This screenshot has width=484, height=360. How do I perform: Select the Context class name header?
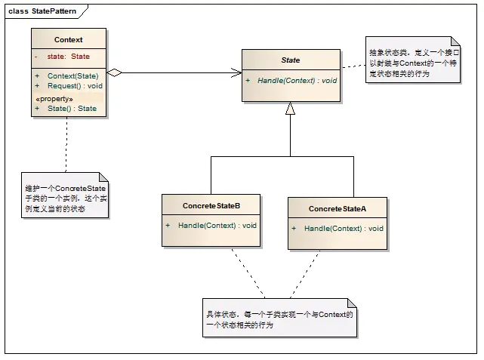pyautogui.click(x=69, y=39)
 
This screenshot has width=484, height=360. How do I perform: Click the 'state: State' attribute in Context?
pyautogui.click(x=68, y=57)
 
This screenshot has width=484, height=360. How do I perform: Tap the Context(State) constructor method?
pyautogui.click(x=72, y=76)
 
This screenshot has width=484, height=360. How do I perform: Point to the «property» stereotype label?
pyautogui.click(x=54, y=99)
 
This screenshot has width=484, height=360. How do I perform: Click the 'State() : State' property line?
pyautogui.click(x=72, y=109)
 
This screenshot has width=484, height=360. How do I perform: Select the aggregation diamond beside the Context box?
pyautogui.click(x=114, y=73)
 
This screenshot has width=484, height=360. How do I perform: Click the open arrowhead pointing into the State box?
pyautogui.click(x=236, y=73)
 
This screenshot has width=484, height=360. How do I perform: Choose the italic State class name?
pyautogui.click(x=290, y=60)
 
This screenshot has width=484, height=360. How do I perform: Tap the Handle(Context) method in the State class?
pyautogui.click(x=297, y=80)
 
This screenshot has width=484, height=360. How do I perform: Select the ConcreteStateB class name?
pyautogui.click(x=211, y=205)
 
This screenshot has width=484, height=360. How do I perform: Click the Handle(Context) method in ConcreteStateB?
pyautogui.click(x=217, y=225)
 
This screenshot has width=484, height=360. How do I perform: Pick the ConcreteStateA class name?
pyautogui.click(x=337, y=208)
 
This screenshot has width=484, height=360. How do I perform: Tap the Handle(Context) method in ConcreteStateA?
pyautogui.click(x=344, y=228)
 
